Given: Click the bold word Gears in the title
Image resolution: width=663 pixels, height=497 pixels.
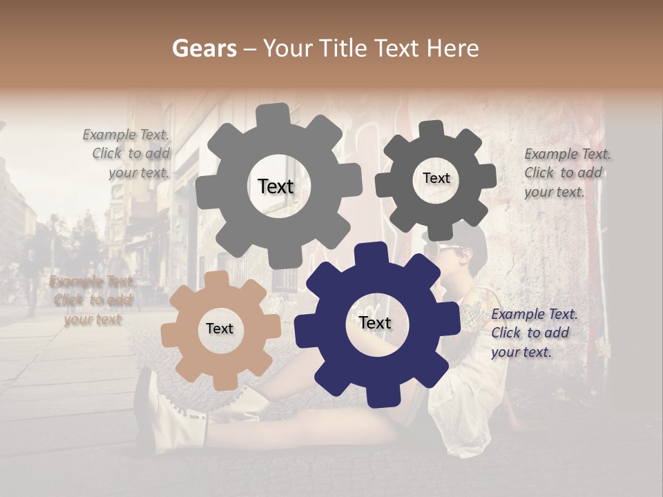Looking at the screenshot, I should (204, 48).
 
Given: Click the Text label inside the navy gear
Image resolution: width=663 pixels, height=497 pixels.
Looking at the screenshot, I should (375, 322).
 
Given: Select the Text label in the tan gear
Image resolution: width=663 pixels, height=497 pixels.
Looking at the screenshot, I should (220, 329).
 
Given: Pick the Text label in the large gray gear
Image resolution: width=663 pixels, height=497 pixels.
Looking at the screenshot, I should (276, 186).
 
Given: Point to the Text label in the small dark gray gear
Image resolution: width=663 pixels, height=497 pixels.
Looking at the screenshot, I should (436, 178).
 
